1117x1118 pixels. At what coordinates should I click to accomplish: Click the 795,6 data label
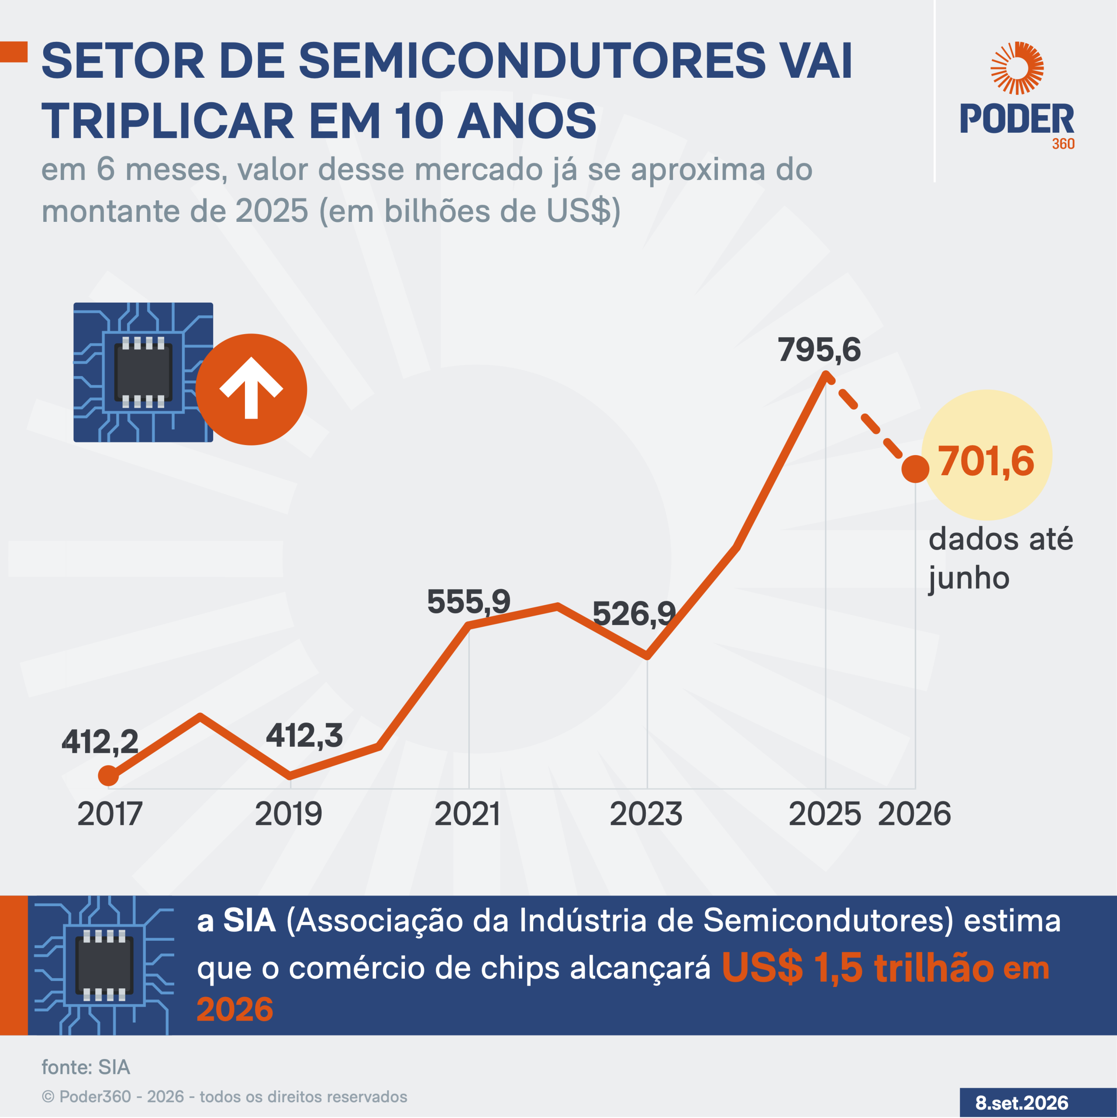click(819, 350)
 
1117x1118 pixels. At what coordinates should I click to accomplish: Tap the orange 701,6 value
click(986, 461)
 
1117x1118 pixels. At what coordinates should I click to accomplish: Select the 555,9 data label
click(469, 602)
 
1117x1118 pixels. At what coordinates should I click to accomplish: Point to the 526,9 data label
click(634, 614)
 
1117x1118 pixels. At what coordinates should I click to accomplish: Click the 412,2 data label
click(100, 742)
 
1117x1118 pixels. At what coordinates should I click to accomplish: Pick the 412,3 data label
click(304, 736)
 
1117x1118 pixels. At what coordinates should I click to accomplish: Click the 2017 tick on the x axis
click(109, 814)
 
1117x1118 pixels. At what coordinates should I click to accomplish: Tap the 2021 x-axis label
click(467, 814)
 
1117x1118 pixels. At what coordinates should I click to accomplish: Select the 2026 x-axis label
click(914, 814)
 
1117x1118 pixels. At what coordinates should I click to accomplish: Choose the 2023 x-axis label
click(646, 814)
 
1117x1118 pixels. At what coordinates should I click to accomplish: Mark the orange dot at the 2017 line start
click(108, 776)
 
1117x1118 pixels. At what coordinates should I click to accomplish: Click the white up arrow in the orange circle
click(251, 388)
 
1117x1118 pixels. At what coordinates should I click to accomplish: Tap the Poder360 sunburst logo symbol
click(1017, 68)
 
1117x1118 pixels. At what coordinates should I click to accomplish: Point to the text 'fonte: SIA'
click(86, 1067)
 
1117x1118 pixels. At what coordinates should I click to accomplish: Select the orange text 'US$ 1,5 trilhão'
click(858, 968)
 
